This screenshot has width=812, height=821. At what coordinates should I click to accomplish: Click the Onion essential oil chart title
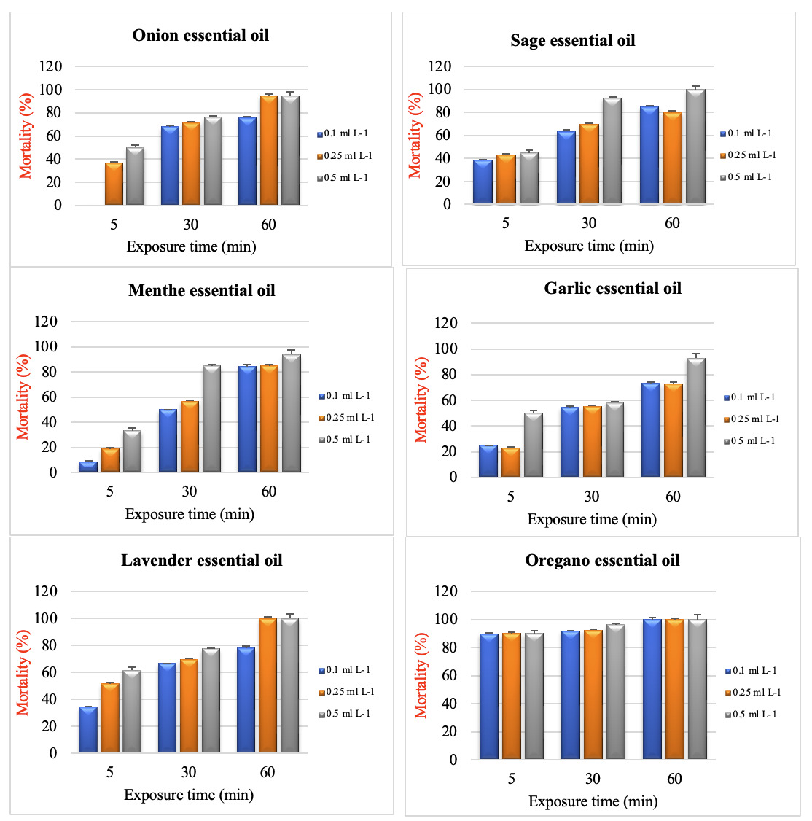pos(200,35)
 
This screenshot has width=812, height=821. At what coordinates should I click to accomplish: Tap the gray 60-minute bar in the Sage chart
pos(695,147)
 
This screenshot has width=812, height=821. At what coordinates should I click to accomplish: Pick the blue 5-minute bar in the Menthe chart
pos(88,467)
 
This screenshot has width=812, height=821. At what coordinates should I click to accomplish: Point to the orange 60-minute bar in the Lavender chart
pos(268,685)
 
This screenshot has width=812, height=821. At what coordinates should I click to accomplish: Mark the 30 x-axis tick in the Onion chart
pos(191,225)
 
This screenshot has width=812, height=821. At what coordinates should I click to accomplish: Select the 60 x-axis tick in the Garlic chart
pos(673,497)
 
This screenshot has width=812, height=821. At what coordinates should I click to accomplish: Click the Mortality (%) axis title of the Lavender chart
pos(23,672)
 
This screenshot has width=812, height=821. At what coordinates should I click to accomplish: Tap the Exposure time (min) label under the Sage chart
pos(589,246)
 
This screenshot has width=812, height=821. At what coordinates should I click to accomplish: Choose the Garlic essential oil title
pos(612,289)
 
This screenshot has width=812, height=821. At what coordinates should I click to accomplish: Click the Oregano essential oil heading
pos(602,561)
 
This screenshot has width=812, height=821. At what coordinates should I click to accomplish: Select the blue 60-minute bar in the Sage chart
pos(649,155)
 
